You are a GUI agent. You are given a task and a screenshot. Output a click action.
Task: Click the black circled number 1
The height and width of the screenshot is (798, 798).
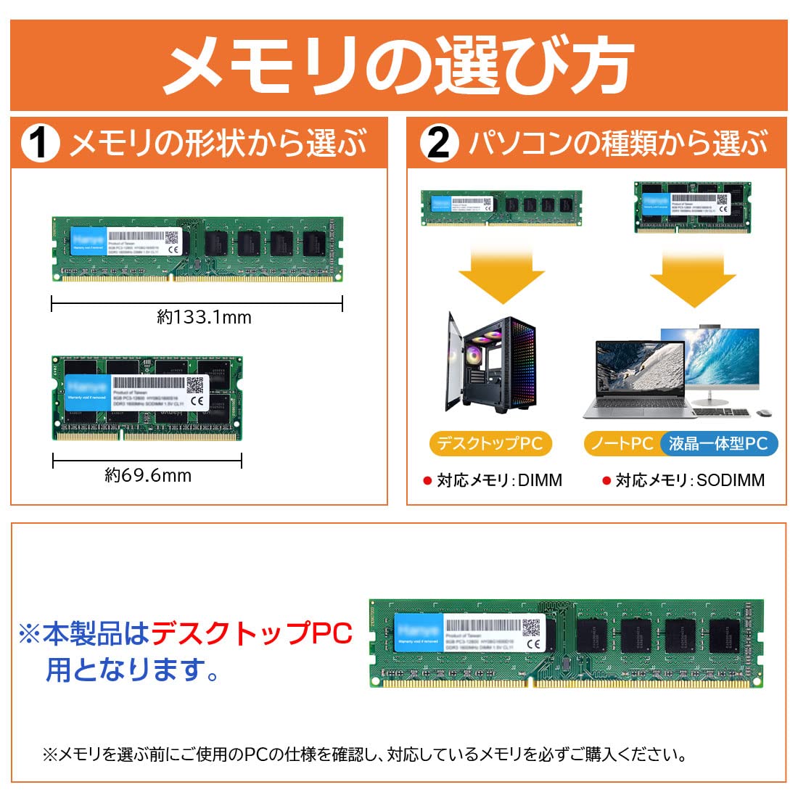coord(39,143)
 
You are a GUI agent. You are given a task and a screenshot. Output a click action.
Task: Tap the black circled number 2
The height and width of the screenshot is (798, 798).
coord(439,143)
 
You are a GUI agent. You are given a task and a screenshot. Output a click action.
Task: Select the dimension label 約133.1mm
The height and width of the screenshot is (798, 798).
coord(204,317)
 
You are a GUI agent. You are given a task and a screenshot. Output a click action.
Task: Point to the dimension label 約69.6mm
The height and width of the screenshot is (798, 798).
coord(148,475)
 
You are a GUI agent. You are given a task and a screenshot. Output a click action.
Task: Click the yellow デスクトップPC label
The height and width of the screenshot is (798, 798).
coord(490,443)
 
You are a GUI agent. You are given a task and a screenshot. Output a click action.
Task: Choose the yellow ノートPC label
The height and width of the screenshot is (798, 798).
coord(622,443)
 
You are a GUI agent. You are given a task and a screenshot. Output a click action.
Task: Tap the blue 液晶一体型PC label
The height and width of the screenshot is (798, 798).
coord(718,443)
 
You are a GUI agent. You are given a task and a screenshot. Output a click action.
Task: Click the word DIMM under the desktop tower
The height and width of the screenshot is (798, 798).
coord(540,480)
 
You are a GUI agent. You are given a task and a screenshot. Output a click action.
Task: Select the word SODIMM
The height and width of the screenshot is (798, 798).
coord(731,480)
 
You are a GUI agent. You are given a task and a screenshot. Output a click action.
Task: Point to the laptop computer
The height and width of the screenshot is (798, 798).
coord(638,381)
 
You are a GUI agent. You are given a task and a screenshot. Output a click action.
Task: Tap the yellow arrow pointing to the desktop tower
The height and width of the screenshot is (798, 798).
coord(501,276)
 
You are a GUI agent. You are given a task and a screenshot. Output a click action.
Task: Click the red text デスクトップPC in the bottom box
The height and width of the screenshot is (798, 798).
coord(251,633)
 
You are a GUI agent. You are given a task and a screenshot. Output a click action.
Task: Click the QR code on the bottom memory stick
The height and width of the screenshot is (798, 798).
coord(532,627)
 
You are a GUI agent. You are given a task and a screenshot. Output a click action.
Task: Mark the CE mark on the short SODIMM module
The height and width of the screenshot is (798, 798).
coord(197,400)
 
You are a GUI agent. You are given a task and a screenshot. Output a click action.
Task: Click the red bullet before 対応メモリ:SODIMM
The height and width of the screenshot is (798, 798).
coord(606,480)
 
